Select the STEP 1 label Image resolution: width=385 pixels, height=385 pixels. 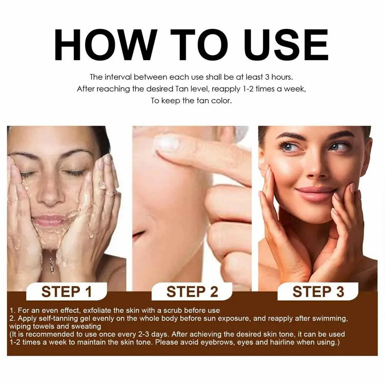67,291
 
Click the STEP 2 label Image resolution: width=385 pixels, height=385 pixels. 192,291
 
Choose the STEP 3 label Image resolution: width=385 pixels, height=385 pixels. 318,291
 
